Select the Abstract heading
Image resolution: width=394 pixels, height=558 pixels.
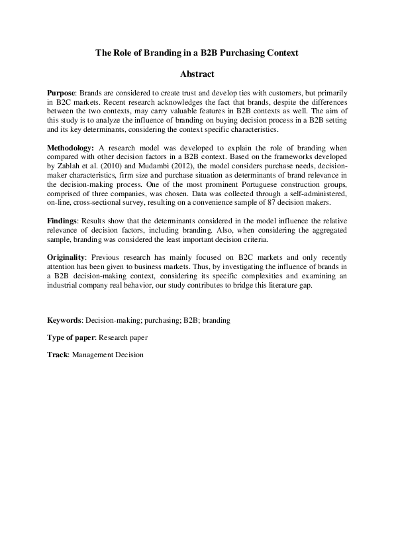click(x=197, y=74)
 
